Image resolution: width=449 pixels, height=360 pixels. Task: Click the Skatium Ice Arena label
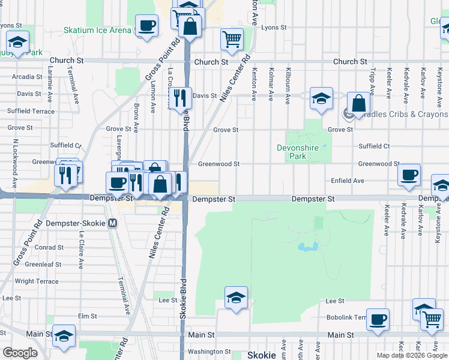coord(97,30)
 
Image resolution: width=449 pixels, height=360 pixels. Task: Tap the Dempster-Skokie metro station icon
coord(113,223)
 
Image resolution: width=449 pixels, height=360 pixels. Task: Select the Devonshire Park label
coord(300,152)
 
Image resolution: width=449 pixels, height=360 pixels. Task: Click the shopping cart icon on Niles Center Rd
coord(232,40)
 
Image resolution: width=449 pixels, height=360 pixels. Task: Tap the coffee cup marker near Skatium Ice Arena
coord(147,26)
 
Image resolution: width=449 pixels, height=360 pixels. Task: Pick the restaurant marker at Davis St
coord(180,98)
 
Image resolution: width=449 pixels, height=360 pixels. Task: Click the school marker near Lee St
coord(236,298)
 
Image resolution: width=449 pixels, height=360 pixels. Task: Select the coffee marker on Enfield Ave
coord(409,175)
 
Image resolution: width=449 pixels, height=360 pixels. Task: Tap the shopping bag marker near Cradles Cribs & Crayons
coord(358,103)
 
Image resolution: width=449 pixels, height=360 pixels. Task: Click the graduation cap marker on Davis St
coord(322,98)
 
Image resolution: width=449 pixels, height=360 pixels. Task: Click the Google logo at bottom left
coord(20,353)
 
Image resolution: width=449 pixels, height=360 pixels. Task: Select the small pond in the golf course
coord(307,247)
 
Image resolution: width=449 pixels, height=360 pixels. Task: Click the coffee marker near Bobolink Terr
coord(378,320)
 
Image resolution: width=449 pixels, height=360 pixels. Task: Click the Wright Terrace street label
coord(37,281)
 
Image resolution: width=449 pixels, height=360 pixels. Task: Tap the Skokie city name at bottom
coord(262,355)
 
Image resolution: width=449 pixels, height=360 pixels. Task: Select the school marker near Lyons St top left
coord(18,43)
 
